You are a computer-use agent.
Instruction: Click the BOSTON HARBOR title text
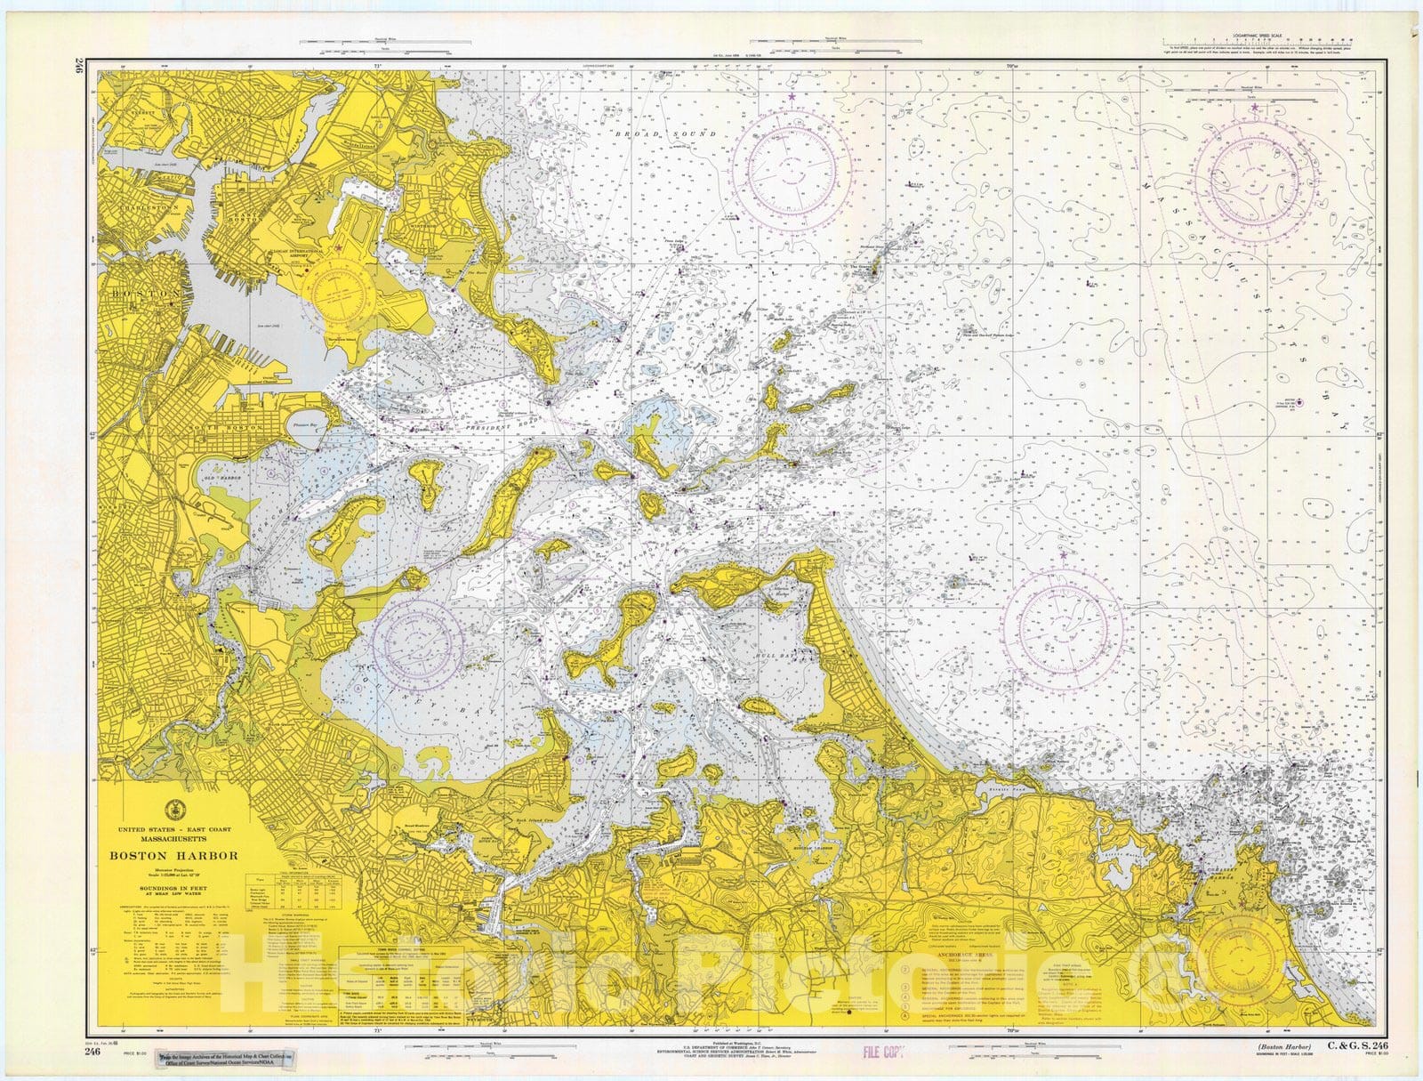173,856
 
